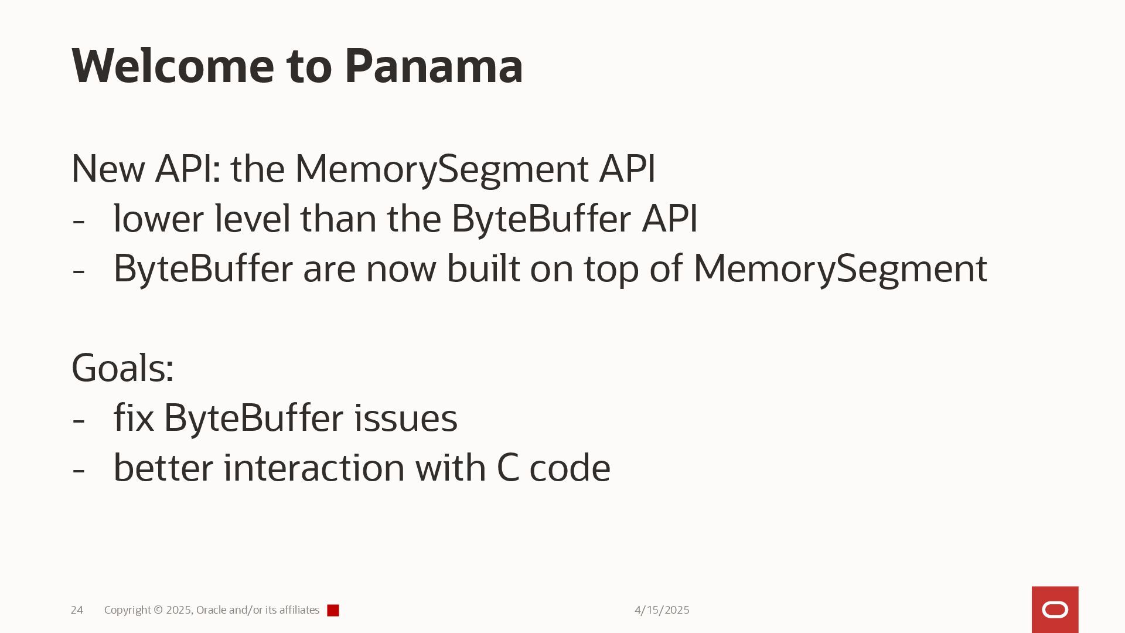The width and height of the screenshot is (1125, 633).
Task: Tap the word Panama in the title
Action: click(x=434, y=66)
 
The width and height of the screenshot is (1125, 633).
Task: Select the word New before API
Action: click(x=108, y=169)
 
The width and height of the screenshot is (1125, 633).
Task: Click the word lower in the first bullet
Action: click(x=159, y=219)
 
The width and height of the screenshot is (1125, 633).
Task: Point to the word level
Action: click(x=253, y=219)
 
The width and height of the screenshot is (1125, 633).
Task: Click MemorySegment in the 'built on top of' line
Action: click(x=840, y=268)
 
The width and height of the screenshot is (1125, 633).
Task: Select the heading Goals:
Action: click(x=122, y=368)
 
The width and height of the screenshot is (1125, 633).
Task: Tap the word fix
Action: click(x=134, y=418)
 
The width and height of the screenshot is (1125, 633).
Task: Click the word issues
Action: click(x=405, y=418)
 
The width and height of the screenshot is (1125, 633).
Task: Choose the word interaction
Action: click(x=314, y=468)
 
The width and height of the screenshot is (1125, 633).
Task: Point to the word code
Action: click(x=570, y=468)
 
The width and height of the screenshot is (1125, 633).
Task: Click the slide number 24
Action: click(x=77, y=610)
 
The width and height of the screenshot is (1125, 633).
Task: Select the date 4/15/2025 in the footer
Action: click(x=662, y=610)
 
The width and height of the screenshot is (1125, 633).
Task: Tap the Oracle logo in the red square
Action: click(x=1055, y=610)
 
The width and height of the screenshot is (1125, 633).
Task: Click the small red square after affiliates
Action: click(x=333, y=611)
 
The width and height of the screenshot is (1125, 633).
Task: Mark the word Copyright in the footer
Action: click(x=127, y=610)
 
